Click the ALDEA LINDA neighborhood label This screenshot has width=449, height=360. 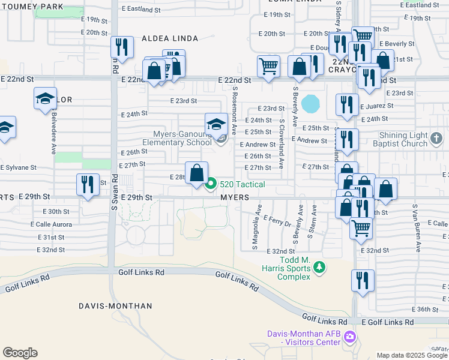(x=169, y=38)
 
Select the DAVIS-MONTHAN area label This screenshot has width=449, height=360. (x=115, y=306)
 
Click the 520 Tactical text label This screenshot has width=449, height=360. (x=242, y=184)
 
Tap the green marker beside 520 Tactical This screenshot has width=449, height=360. (x=211, y=184)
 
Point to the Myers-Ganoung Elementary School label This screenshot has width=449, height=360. (x=177, y=139)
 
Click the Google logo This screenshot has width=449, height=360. (x=20, y=353)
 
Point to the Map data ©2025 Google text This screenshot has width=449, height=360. (x=412, y=355)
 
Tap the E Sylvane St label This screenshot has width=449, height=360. (x=19, y=167)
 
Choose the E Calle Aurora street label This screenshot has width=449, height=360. (x=51, y=224)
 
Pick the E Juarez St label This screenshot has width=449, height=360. (x=377, y=106)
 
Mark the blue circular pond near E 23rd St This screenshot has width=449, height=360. (x=311, y=104)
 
